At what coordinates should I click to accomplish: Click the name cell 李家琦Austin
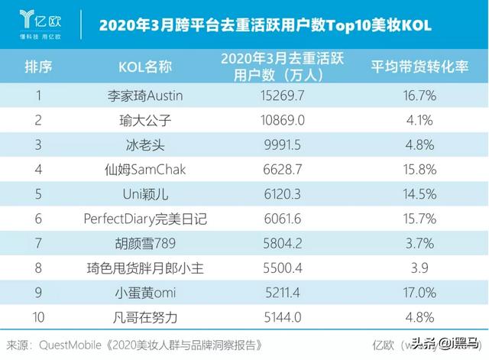144,96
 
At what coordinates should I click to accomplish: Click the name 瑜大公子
144,121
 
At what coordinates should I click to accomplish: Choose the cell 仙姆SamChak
144,170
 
